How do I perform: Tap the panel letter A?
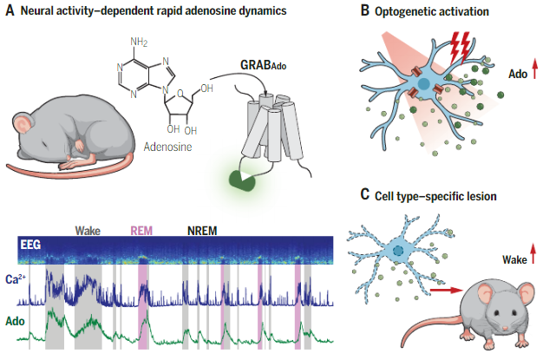9,10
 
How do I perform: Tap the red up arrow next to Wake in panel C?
531,255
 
